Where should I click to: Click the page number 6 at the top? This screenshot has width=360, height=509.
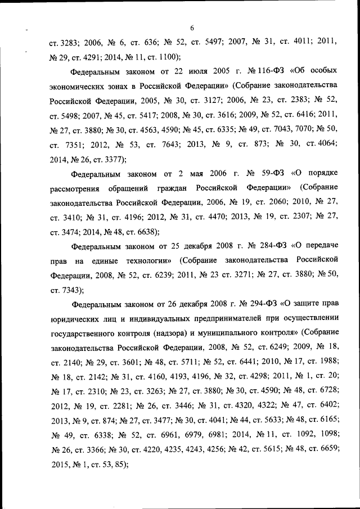click(192, 28)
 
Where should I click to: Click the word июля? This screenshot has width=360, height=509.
click(185, 72)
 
